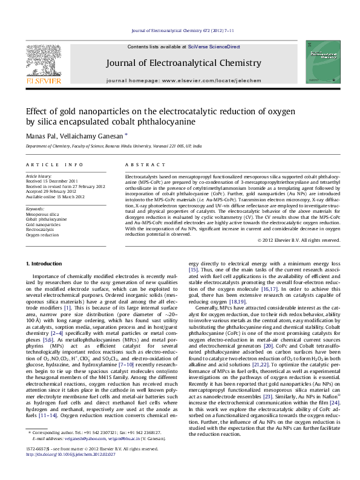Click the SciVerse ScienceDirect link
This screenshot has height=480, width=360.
tap(214, 47)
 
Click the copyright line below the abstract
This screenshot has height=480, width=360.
tap(299, 240)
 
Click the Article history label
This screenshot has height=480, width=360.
tap(39, 176)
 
